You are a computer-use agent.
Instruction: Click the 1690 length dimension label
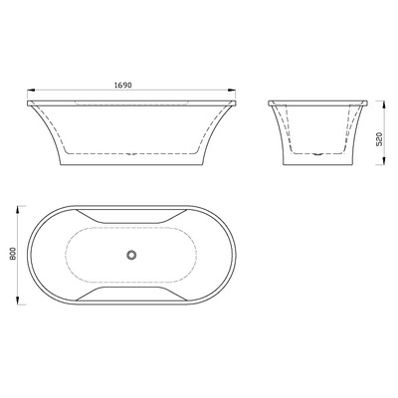pos(123,86)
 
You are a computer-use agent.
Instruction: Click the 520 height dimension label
pos(380,139)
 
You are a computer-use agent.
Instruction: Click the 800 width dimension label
pos(13,254)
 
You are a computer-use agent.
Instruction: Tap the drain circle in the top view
pos(131,255)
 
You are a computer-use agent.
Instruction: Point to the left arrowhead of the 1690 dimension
pos(31,90)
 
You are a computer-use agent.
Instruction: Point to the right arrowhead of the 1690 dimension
pos(232,90)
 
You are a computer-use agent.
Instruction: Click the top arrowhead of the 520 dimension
pos(384,104)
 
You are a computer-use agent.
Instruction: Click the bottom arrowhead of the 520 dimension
pos(384,161)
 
